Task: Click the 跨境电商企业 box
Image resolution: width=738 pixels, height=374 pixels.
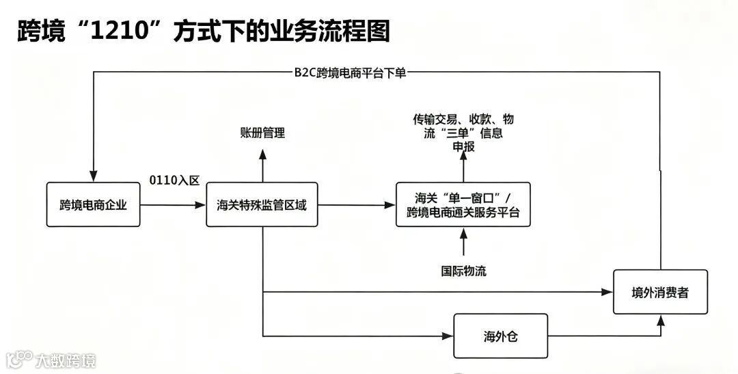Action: click(93, 204)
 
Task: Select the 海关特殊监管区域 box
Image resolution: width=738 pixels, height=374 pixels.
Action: click(262, 204)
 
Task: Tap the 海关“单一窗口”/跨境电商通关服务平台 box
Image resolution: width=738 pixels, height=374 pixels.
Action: click(463, 204)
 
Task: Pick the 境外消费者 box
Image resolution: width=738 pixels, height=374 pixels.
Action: click(659, 292)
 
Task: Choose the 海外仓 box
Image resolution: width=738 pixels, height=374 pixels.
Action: click(500, 336)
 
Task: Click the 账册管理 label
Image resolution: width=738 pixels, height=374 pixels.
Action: click(262, 133)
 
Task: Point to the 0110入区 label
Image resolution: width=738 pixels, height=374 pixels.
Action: click(174, 181)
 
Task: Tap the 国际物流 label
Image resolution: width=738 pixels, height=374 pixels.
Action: click(463, 270)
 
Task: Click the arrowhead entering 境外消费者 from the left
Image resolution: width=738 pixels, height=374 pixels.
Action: click(607, 292)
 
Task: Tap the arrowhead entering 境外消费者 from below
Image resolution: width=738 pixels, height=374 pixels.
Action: click(660, 320)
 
